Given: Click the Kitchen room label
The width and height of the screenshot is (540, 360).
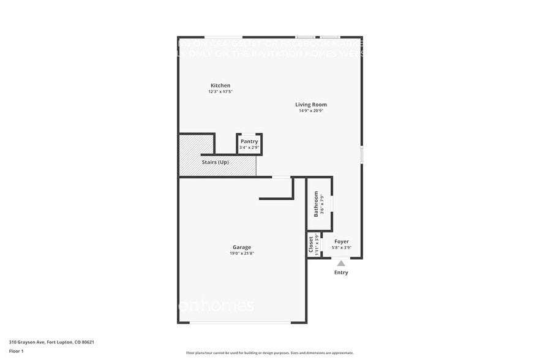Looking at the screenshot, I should pyautogui.click(x=220, y=85).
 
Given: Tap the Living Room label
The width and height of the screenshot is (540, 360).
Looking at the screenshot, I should pyautogui.click(x=311, y=105).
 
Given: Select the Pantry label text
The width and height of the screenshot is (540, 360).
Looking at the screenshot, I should pyautogui.click(x=249, y=141).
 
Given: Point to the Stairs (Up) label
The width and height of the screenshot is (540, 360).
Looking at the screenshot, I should pyautogui.click(x=215, y=162).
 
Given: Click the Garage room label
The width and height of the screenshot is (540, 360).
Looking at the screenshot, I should pyautogui.click(x=241, y=247).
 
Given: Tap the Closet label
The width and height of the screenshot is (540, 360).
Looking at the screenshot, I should pyautogui.click(x=311, y=244).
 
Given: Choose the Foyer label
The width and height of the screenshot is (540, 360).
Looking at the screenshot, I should pyautogui.click(x=342, y=242).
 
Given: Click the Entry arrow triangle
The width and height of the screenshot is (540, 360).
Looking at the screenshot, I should pyautogui.click(x=341, y=263).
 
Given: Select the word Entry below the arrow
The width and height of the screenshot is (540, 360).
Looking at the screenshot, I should pyautogui.click(x=341, y=272).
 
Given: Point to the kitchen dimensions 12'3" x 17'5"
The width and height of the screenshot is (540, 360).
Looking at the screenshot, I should pyautogui.click(x=220, y=92).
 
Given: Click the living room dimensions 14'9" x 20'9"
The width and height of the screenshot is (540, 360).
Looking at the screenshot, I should pyautogui.click(x=311, y=111).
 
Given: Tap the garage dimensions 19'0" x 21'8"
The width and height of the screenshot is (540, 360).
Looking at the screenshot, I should pyautogui.click(x=241, y=253).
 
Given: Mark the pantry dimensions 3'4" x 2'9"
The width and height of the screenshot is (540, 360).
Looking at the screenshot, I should pyautogui.click(x=249, y=148).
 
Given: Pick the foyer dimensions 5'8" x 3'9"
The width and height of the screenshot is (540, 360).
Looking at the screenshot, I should pyautogui.click(x=342, y=248).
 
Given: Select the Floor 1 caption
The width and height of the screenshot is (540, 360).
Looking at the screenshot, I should pyautogui.click(x=16, y=351).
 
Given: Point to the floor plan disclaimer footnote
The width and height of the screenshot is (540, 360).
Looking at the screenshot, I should pyautogui.click(x=269, y=353).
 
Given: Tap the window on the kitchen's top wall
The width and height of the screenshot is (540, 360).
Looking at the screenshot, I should pyautogui.click(x=223, y=37).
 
